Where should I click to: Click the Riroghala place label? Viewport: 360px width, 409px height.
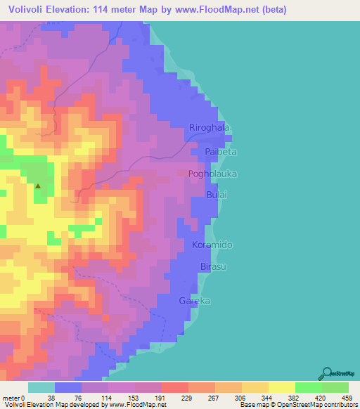(x=210, y=127)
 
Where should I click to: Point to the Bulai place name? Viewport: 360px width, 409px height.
(x=217, y=194)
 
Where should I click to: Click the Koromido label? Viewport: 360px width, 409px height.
(x=212, y=245)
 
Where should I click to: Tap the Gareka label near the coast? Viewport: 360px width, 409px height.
(x=195, y=301)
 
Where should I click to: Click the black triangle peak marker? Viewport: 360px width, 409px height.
(x=38, y=186)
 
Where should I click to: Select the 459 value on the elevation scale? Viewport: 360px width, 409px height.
(x=346, y=397)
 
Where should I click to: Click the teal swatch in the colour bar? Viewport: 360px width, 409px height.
(x=41, y=387)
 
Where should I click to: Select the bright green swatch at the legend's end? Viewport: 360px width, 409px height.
(x=335, y=387)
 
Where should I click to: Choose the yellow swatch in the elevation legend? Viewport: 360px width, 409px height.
(x=282, y=387)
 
